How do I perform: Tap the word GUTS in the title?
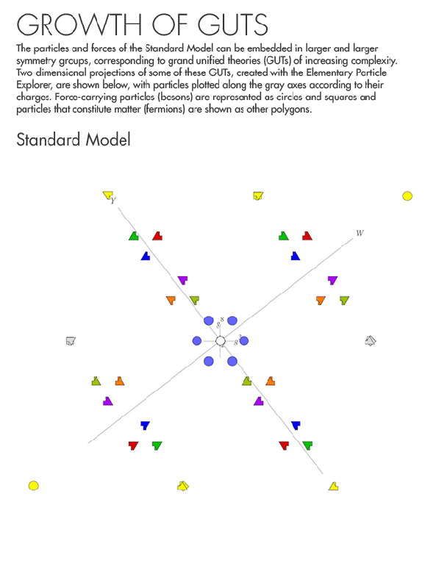tap(235, 24)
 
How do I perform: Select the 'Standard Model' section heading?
tap(73, 140)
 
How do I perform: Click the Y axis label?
tap(113, 201)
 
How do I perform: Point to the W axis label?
tap(360, 233)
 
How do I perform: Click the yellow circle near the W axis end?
tap(407, 196)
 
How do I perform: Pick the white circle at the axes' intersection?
tap(220, 340)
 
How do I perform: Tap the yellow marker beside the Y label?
tap(107, 196)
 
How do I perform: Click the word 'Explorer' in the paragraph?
tap(35, 85)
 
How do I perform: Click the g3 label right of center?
tap(238, 340)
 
